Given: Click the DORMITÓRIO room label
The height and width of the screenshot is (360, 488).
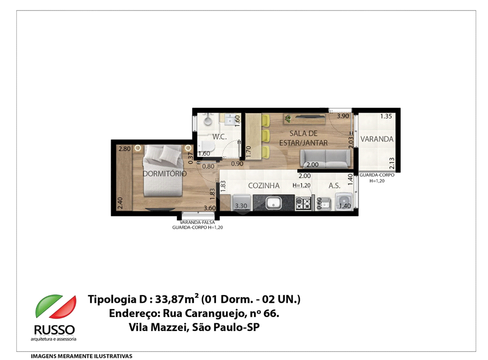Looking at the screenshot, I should coord(165,174).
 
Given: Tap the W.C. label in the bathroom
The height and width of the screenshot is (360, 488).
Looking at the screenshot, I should coord(219,137).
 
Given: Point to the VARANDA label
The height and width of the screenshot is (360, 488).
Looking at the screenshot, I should coord(377,139).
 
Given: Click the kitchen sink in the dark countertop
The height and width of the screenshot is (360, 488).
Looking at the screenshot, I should coord(274,204).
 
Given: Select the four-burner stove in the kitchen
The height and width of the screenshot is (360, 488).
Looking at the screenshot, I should coord(303,204).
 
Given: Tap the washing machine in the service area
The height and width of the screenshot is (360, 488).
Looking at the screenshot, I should coord(344,203).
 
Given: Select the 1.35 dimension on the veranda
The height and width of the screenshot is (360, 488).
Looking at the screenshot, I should coord(386,116).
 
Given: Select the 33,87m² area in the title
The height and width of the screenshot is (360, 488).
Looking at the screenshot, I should coord(176,300).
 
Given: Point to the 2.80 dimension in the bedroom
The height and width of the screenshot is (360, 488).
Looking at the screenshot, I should coord(124,149).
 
